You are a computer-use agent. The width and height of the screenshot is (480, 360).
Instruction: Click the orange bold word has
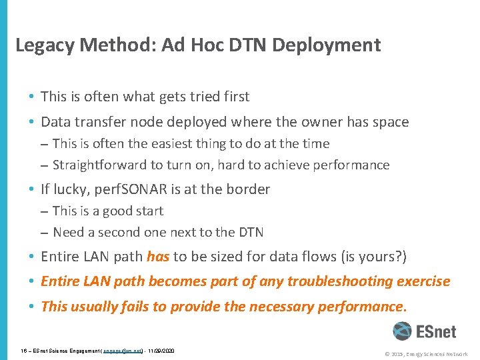coord(158,257)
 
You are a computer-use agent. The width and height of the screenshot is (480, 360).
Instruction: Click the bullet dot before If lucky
coord(32,190)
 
